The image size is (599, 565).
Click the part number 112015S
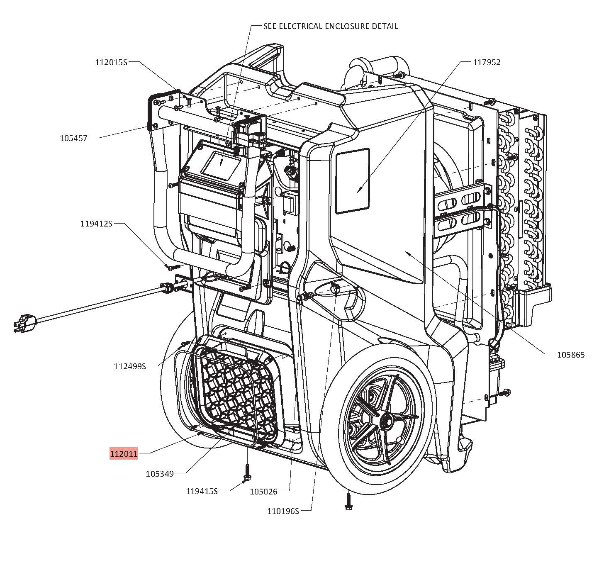pyautogui.click(x=111, y=62)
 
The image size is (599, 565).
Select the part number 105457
pyautogui.click(x=74, y=138)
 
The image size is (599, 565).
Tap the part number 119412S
pyautogui.click(x=96, y=224)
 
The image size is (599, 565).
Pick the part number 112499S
pyautogui.click(x=130, y=366)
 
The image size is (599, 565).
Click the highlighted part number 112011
pyautogui.click(x=124, y=453)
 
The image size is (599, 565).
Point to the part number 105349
pyautogui.click(x=160, y=473)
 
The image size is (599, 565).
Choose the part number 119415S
pyautogui.click(x=202, y=491)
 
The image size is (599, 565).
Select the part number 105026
pyautogui.click(x=263, y=492)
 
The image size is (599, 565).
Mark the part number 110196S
pyautogui.click(x=283, y=511)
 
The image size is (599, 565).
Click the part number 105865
pyautogui.click(x=570, y=355)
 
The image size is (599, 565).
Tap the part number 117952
pyautogui.click(x=487, y=62)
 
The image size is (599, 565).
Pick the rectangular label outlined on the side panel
pyautogui.click(x=352, y=181)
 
